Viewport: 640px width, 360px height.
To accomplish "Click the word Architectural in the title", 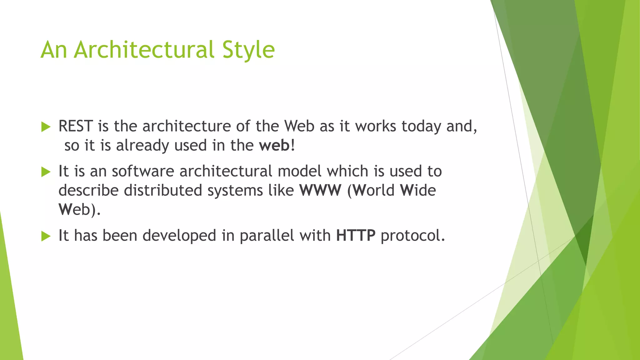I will pos(144,50).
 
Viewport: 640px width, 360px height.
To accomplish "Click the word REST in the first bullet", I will pos(76,126).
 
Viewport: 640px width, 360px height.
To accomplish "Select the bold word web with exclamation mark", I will pos(276,146).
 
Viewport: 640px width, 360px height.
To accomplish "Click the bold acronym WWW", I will pos(320,190).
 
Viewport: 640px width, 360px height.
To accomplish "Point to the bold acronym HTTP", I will pos(356,236).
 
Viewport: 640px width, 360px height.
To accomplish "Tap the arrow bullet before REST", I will pos(46,127).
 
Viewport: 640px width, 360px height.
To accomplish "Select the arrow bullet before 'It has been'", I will pos(46,236).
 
